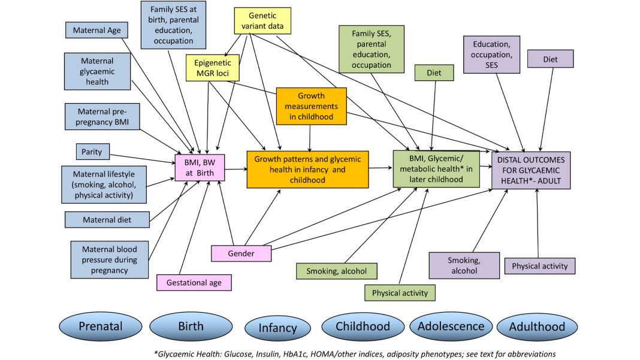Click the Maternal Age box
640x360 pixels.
tap(96, 30)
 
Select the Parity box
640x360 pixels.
tap(92, 152)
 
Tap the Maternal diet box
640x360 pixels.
tap(107, 219)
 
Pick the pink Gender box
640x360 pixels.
tap(241, 253)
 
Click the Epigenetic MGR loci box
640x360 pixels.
tap(212, 68)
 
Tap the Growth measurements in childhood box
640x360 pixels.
tap(311, 106)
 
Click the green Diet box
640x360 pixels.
tap(434, 73)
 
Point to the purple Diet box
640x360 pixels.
tap(550, 59)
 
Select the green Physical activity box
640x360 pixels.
tap(400, 293)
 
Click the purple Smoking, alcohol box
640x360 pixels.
tap(464, 265)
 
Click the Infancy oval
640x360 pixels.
tap(277, 328)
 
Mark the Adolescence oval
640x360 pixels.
tap(450, 326)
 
